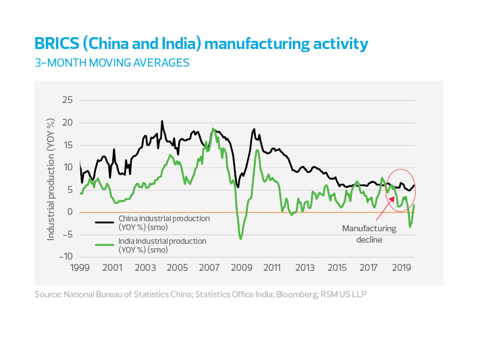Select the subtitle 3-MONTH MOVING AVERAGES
click(112, 63)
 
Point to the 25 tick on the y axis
click(66, 100)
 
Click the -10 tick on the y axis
click(65, 256)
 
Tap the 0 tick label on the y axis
click(70, 212)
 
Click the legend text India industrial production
click(162, 241)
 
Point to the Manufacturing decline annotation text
click(369, 234)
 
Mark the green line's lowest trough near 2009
click(240, 239)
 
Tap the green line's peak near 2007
click(213, 129)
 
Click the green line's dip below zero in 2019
click(410, 227)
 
